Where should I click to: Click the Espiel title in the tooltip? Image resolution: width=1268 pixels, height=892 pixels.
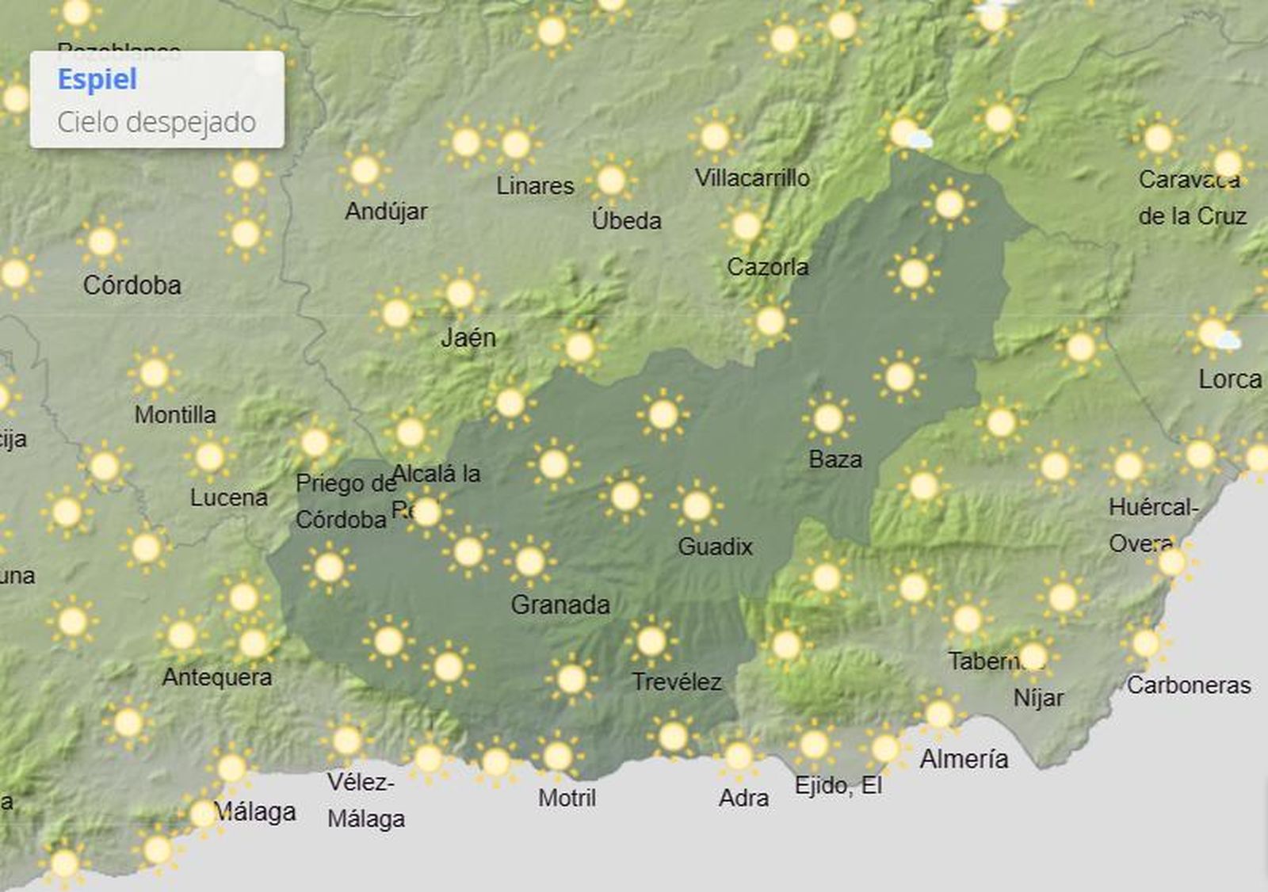point(97,80)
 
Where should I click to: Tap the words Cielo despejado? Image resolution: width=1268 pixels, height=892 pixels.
point(156,123)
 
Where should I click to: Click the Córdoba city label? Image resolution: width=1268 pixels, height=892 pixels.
point(132,285)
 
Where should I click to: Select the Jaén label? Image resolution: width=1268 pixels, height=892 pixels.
point(468,337)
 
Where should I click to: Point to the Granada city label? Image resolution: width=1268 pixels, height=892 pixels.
point(560,605)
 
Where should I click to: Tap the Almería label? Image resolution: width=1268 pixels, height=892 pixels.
point(964,759)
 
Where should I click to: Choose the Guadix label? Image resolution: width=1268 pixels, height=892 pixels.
point(715,547)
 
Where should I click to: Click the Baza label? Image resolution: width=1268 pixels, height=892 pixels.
point(835,459)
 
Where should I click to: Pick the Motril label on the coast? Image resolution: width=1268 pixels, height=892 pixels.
point(567,798)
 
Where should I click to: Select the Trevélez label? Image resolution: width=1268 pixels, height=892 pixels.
point(677,682)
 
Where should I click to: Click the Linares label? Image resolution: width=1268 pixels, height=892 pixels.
point(535,186)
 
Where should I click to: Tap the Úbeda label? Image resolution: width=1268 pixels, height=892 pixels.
point(626,220)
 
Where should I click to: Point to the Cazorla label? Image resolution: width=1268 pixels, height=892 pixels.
point(768,267)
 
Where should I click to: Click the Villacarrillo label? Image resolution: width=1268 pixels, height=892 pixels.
point(752,177)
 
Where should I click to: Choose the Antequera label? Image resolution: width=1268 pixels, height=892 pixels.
point(217,677)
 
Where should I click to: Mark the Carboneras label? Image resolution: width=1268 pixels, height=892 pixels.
point(1189,685)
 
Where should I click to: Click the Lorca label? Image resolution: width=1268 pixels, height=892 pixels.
point(1230,379)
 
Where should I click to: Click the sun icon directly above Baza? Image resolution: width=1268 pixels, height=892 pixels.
point(828,418)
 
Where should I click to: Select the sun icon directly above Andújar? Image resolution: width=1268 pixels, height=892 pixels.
point(365,170)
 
